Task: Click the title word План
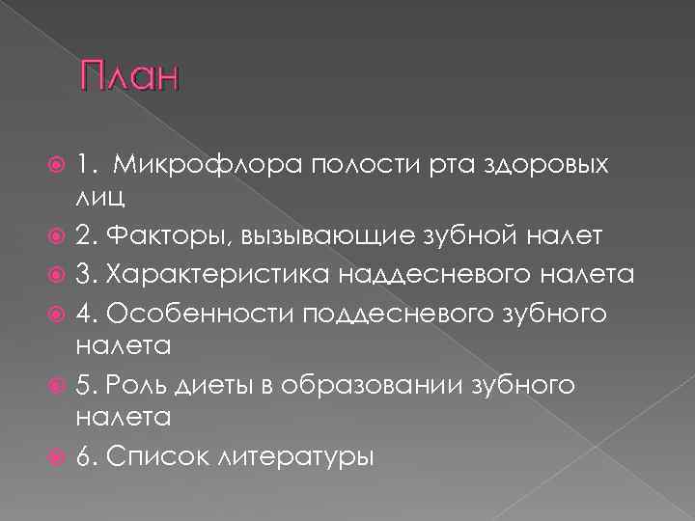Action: (130, 76)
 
